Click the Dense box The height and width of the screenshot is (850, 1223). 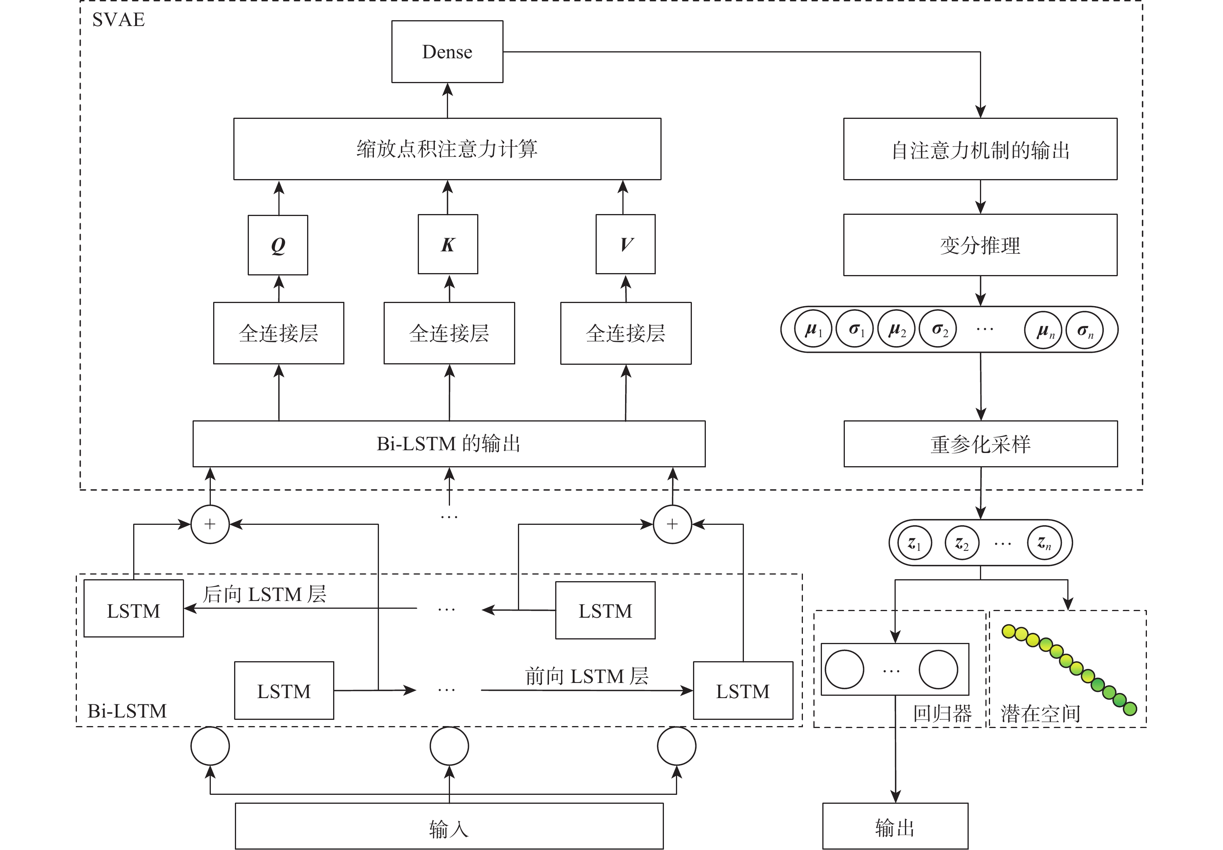447,52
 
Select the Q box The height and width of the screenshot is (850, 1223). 278,245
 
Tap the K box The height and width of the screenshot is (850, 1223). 448,244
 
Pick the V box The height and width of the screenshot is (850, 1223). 625,244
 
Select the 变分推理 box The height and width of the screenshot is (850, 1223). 980,245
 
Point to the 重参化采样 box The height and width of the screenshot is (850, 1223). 980,444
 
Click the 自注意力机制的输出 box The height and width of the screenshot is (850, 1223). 980,150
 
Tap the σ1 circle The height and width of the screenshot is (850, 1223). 854,329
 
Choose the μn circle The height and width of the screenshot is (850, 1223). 1043,330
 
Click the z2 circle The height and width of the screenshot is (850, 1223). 961,543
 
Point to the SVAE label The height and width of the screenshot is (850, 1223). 118,20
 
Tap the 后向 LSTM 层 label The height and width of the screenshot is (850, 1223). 264,594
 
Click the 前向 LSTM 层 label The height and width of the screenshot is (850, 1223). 587,676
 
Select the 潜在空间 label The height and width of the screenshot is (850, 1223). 1041,714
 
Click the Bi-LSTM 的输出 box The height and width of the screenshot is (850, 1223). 449,444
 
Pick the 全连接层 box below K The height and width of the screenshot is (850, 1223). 449,333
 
